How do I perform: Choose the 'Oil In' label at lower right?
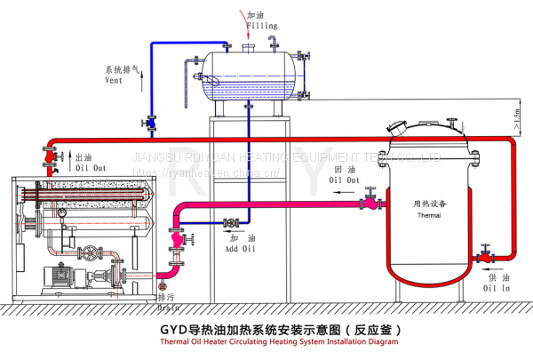point(497,288)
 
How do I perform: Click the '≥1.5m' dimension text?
point(515,115)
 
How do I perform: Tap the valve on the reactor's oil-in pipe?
point(482,254)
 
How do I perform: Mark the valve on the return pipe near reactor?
point(367,204)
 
